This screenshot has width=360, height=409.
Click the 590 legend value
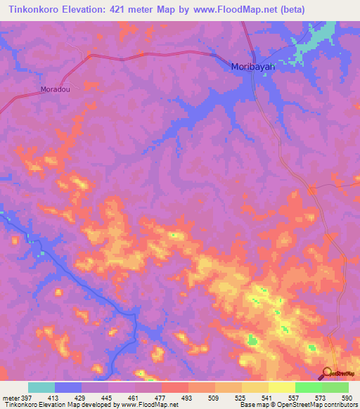pos(345,398)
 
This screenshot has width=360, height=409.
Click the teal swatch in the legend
pos(41,387)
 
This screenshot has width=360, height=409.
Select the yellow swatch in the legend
pos(281,387)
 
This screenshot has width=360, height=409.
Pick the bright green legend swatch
pos(308,387)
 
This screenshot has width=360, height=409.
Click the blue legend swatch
pos(68,387)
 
